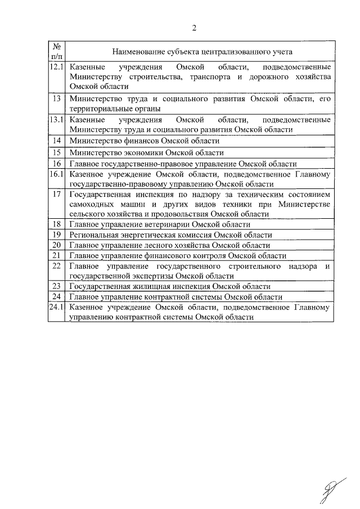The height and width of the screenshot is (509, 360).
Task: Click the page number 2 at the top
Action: pos(194,28)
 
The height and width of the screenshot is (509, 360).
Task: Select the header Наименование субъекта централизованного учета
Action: pos(202,52)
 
